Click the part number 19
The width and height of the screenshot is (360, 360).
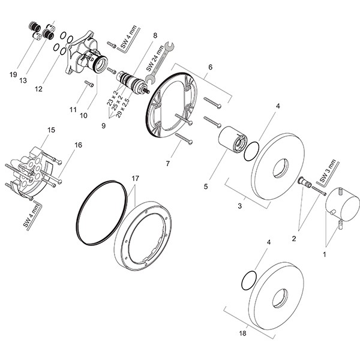13,74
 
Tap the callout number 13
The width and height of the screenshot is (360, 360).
23,80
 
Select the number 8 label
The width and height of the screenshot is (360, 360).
155,35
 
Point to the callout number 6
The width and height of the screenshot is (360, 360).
211,67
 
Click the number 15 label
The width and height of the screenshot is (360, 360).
51,130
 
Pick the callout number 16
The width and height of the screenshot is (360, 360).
78,145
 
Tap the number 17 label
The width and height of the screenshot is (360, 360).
136,178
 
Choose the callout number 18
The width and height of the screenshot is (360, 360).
242,333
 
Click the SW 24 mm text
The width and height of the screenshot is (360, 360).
155,58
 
